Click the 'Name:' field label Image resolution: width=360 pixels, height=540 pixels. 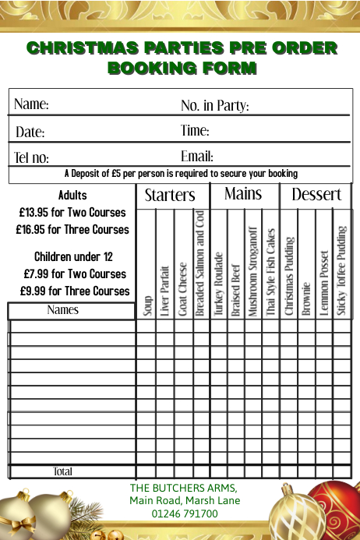(x=31, y=104)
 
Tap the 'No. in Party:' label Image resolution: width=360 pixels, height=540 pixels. (x=214, y=105)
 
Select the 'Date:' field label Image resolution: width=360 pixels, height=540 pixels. (x=30, y=132)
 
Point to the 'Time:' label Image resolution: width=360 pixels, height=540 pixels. (x=195, y=130)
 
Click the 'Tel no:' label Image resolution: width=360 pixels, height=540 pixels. (x=32, y=157)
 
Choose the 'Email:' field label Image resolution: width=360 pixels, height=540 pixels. (x=197, y=157)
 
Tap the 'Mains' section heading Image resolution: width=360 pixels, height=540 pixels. (x=243, y=194)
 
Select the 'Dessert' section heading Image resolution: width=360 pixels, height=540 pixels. (x=316, y=195)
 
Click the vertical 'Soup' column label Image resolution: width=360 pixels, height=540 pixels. (x=147, y=305)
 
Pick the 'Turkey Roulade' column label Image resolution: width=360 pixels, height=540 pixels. (x=218, y=284)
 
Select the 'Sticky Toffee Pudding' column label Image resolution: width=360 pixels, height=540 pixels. (x=341, y=271)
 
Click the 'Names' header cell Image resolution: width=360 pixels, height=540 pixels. (x=63, y=310)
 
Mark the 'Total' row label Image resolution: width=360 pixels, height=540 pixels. (x=62, y=471)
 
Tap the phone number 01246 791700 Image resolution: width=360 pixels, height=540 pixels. (x=185, y=514)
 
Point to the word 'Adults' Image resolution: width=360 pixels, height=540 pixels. (x=72, y=195)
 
